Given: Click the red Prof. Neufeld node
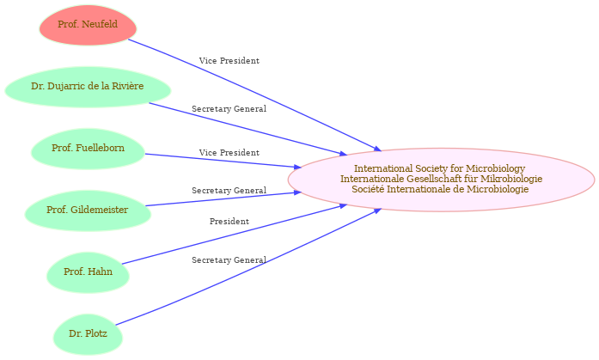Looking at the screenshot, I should [x=88, y=25].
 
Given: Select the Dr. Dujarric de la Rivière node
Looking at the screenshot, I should [x=87, y=87].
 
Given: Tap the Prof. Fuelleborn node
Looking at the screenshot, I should [x=87, y=149].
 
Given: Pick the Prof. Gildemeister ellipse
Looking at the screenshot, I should [x=87, y=211].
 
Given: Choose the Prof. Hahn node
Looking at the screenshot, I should [x=88, y=272].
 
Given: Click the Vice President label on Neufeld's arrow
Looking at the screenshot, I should [x=229, y=61].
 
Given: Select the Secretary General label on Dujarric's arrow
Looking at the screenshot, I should [x=229, y=109].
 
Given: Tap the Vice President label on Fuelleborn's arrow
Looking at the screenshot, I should [x=229, y=152].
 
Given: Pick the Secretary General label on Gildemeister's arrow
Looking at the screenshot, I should [x=229, y=190].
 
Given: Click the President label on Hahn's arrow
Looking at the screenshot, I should [x=229, y=222].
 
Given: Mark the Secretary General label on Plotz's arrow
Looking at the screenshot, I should [x=229, y=259].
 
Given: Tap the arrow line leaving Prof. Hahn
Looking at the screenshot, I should [x=232, y=235].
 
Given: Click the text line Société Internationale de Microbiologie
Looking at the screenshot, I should [x=441, y=189].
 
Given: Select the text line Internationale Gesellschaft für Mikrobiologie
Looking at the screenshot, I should [x=441, y=179].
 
